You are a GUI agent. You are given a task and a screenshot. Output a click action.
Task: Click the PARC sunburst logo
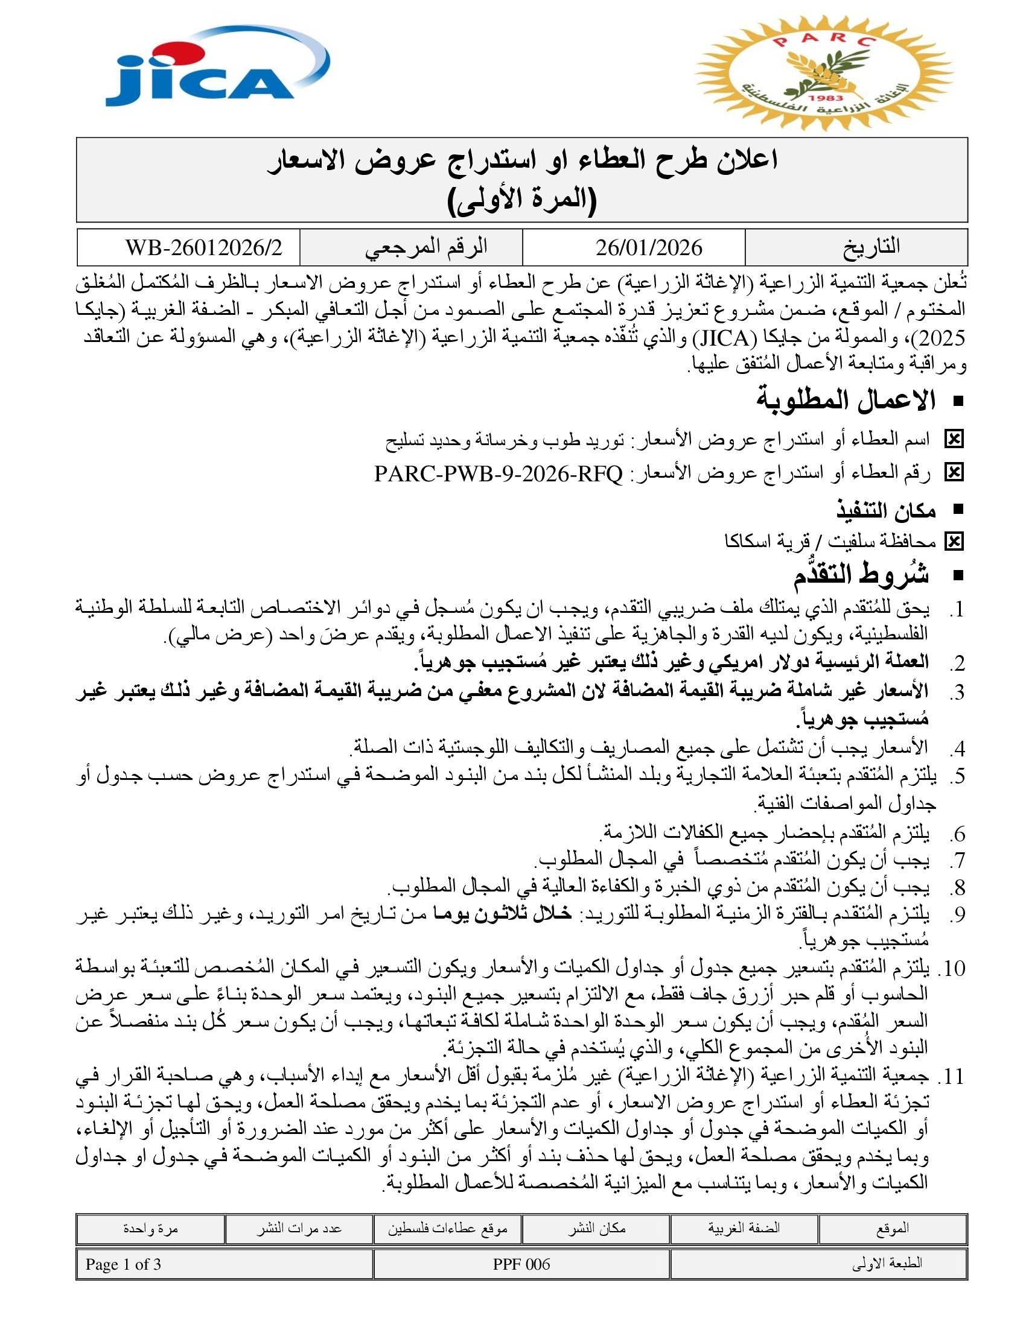pos(824,74)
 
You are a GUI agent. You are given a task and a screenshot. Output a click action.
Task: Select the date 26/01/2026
pos(649,248)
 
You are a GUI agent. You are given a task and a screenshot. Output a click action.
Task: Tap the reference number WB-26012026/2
pos(203,248)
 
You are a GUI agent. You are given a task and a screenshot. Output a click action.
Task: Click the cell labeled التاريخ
pos(871,247)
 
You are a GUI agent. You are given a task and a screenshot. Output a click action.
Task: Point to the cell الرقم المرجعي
pos(426,247)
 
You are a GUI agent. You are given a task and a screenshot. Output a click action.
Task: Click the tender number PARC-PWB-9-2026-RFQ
pos(499,473)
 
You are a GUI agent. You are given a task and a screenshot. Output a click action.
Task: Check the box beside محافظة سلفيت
pos(954,542)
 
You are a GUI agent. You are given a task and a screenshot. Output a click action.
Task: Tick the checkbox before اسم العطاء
pos(954,439)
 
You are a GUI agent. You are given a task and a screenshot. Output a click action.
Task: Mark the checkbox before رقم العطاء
pos(954,473)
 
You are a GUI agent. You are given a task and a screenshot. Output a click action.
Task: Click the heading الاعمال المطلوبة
pos(846,401)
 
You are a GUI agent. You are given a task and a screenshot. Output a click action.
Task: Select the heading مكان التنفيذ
pos(885,511)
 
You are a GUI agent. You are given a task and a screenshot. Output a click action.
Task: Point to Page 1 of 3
pos(123,1264)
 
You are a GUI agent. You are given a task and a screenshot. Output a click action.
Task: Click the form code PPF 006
pos(521,1264)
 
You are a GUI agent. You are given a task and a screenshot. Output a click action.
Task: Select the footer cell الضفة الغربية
pos(744,1228)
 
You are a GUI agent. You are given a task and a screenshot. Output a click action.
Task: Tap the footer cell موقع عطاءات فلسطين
pos(447,1228)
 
